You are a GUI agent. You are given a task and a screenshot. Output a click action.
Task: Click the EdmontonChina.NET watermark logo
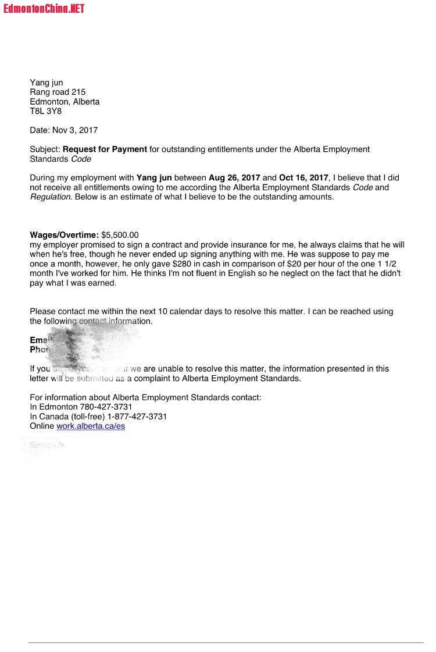[x=44, y=8]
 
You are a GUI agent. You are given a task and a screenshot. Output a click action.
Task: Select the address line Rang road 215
[x=58, y=92]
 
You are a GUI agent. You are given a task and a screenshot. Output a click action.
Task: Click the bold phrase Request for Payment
[x=105, y=149]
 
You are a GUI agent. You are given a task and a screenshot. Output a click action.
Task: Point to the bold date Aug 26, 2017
[x=234, y=177]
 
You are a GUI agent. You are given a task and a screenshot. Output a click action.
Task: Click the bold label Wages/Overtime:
[x=64, y=235]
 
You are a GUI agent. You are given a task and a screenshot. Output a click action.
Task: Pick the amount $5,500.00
[x=120, y=235]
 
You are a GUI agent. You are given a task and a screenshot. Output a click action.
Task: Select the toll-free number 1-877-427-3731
[x=137, y=416]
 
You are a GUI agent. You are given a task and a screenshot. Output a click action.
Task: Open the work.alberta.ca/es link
[x=91, y=426]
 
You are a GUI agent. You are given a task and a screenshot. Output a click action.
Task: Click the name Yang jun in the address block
[x=47, y=83]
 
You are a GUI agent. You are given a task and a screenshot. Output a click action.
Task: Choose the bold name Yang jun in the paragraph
[x=154, y=177]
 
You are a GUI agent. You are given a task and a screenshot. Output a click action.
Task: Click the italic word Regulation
[x=50, y=197]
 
